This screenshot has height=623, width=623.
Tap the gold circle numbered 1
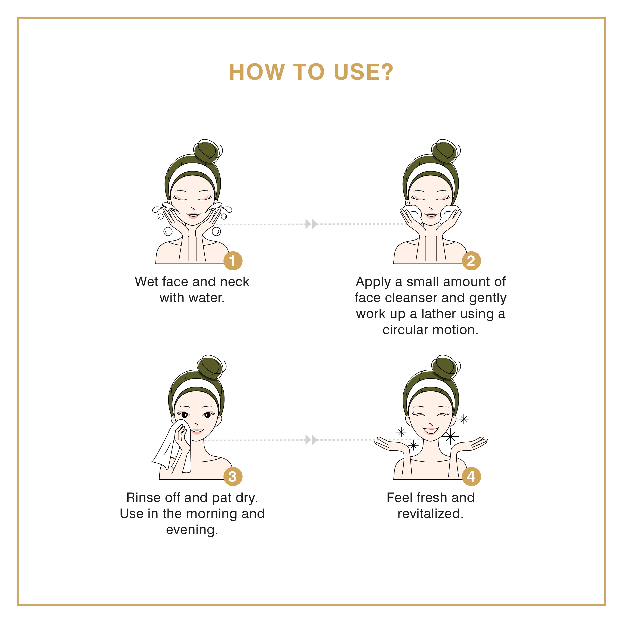[233, 261]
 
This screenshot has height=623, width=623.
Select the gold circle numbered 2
[471, 261]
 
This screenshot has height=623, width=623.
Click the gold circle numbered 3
[233, 476]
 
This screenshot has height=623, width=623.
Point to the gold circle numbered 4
[471, 476]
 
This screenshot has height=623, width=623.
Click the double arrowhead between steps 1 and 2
[311, 224]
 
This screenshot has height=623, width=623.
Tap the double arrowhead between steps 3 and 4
[311, 440]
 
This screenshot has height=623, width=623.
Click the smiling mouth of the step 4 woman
[431, 430]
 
